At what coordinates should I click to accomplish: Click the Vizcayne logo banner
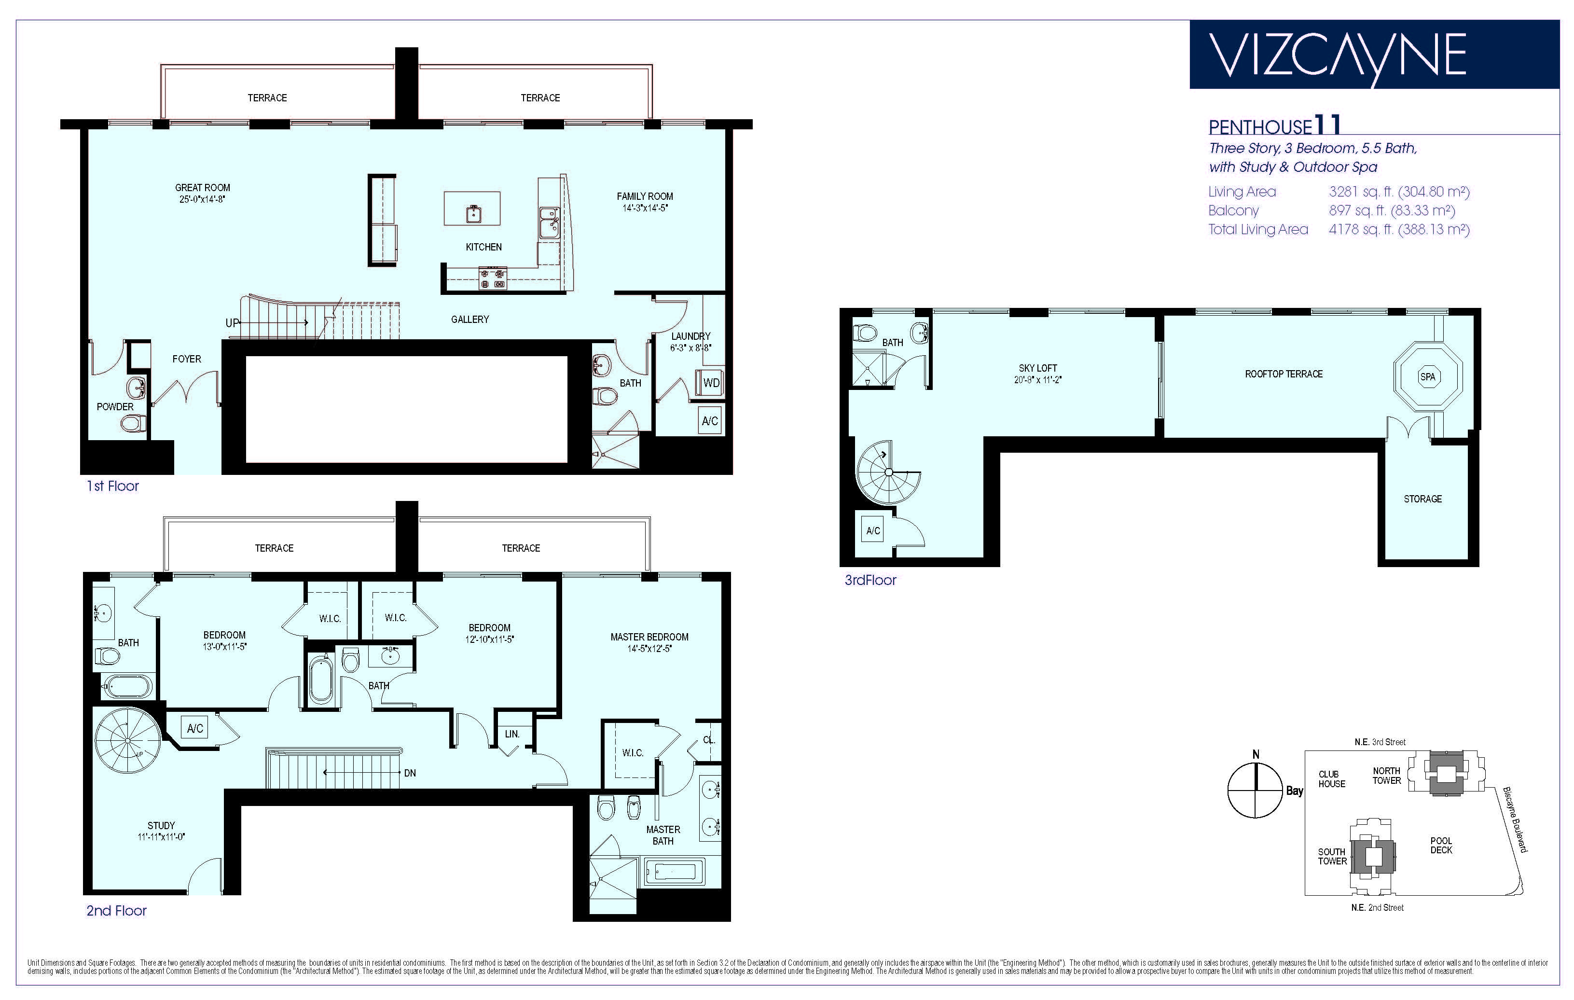click(1374, 54)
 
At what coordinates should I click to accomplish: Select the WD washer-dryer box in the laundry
click(711, 383)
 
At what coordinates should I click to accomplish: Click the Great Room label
click(203, 188)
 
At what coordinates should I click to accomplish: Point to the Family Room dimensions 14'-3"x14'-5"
click(645, 208)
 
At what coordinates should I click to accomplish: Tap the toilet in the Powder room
click(133, 424)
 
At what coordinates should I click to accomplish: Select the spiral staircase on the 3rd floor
click(888, 471)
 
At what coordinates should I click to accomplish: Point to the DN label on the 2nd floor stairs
click(410, 773)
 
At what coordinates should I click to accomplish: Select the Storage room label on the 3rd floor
click(1423, 499)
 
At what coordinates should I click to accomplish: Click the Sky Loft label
click(1038, 368)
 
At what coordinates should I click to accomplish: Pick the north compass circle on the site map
click(1255, 791)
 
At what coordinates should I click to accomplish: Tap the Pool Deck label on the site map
click(1441, 845)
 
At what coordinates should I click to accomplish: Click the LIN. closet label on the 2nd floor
click(512, 734)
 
